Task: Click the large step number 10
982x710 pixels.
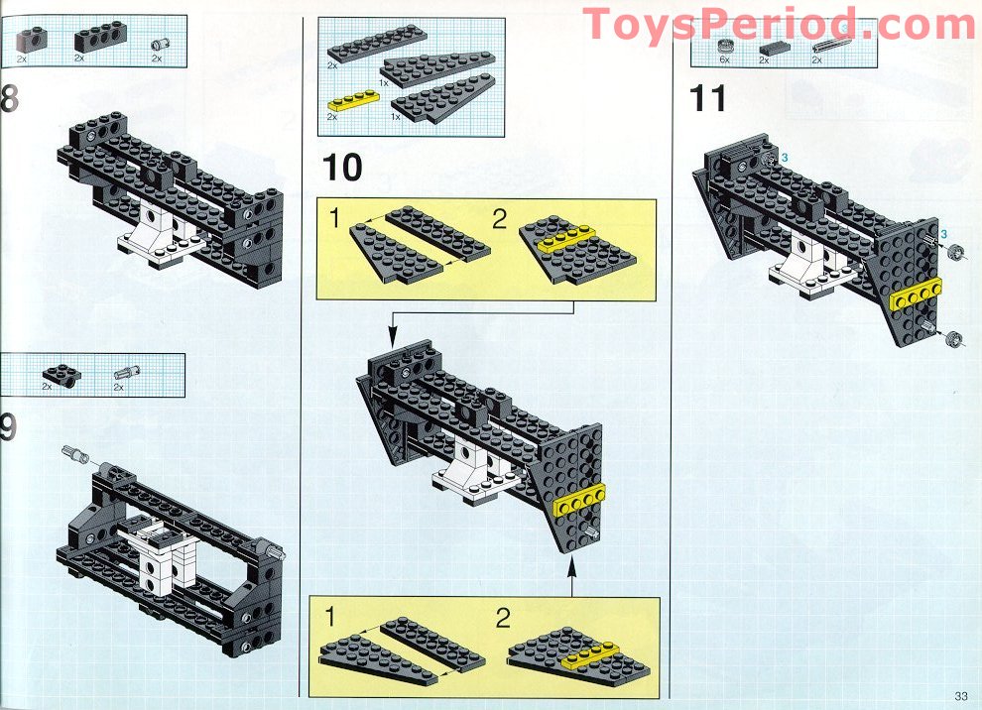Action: [342, 168]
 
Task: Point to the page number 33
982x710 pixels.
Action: [960, 694]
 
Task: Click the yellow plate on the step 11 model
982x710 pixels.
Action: [915, 294]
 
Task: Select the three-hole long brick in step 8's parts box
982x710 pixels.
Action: [99, 39]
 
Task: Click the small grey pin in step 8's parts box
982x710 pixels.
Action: [157, 44]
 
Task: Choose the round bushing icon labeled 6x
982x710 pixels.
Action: [725, 46]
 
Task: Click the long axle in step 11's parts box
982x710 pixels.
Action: [831, 47]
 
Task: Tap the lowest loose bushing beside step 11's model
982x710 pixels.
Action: [953, 340]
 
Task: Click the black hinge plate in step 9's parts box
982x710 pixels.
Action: [64, 374]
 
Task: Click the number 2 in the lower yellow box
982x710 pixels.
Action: [502, 620]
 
